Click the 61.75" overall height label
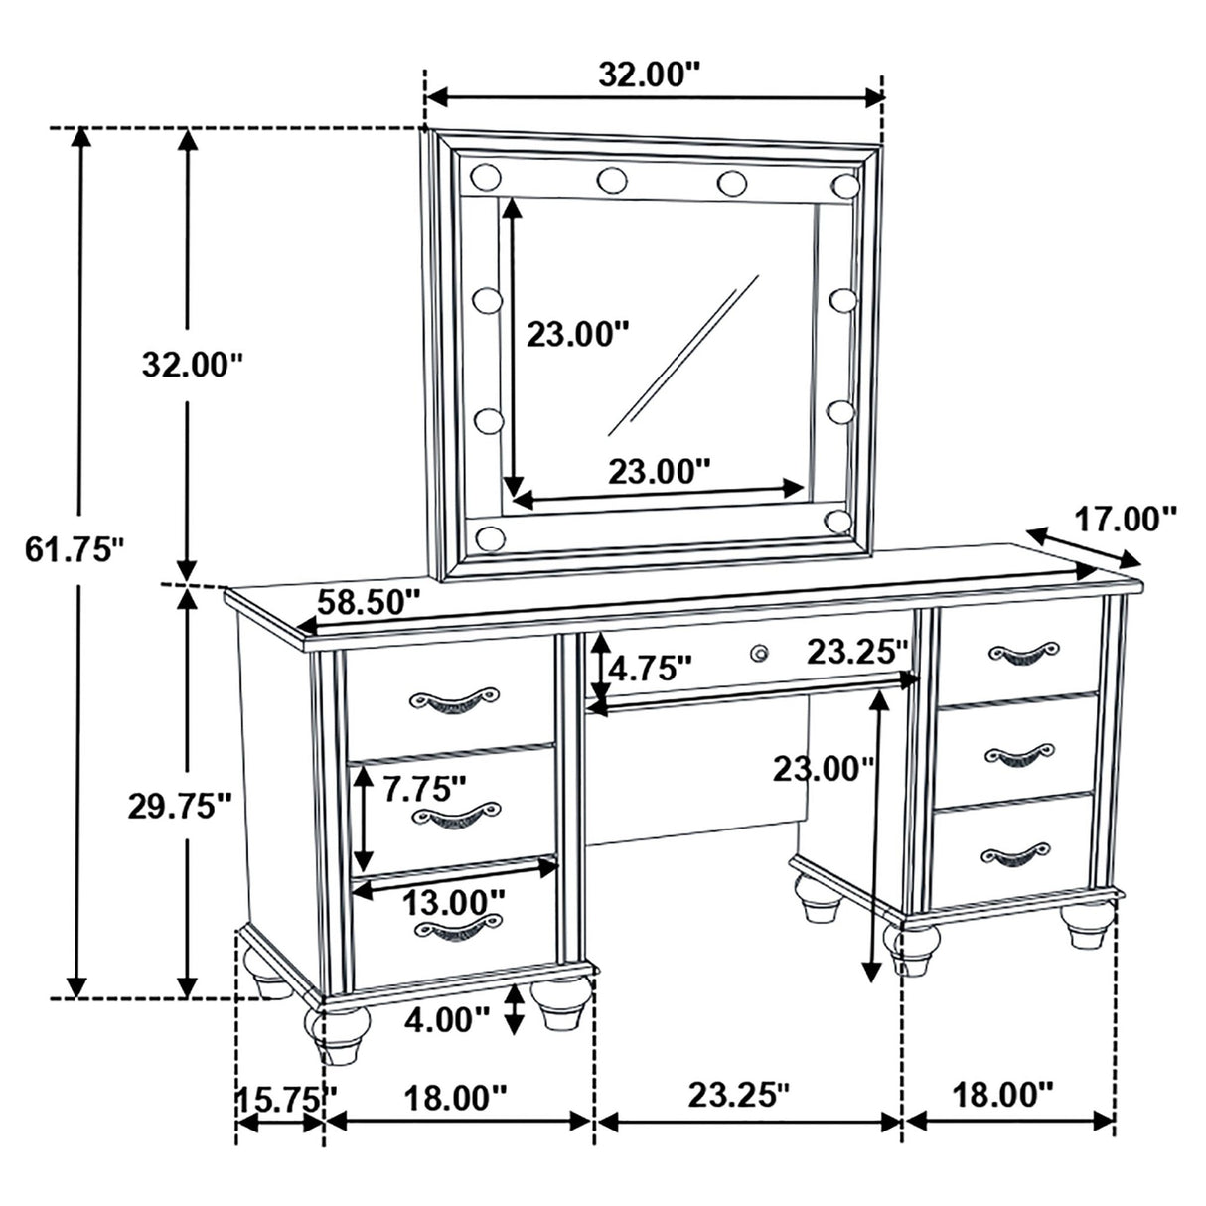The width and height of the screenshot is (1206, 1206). point(74,547)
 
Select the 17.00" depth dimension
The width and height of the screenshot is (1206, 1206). point(1126,518)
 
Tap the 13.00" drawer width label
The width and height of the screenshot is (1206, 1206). point(454,902)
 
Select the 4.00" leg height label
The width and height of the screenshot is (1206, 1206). point(447,1017)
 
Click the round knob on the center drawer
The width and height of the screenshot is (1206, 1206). point(760,653)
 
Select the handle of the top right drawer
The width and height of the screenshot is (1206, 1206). point(1021,652)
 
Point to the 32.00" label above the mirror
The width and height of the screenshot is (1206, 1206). point(650,74)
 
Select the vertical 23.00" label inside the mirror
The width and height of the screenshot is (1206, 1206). point(578,335)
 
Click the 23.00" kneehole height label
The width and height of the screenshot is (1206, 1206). point(827,767)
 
